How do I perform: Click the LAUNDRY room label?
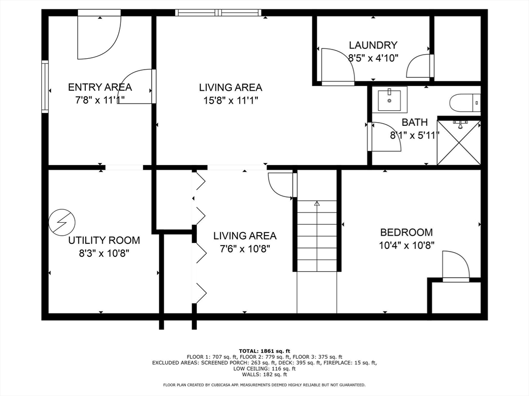pos(373,45)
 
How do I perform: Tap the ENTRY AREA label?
pos(100,87)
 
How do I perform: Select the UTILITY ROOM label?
pos(104,240)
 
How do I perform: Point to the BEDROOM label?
pos(406,233)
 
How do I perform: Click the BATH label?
pos(415,122)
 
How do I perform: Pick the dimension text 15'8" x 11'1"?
pos(230,101)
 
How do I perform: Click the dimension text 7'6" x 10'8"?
pos(244,249)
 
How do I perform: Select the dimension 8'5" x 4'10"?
pos(373,58)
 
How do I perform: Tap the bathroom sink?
pos(390,100)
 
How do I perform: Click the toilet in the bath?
pos(465,103)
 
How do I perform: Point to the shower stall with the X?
pos(459,142)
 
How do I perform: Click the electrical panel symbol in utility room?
pos(62,222)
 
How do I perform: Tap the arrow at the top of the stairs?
pos(317,203)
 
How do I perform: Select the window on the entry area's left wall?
pos(45,87)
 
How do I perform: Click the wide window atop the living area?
pos(219,13)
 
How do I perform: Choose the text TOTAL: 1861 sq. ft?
pos(264,351)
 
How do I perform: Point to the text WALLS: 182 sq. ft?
pos(264,374)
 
